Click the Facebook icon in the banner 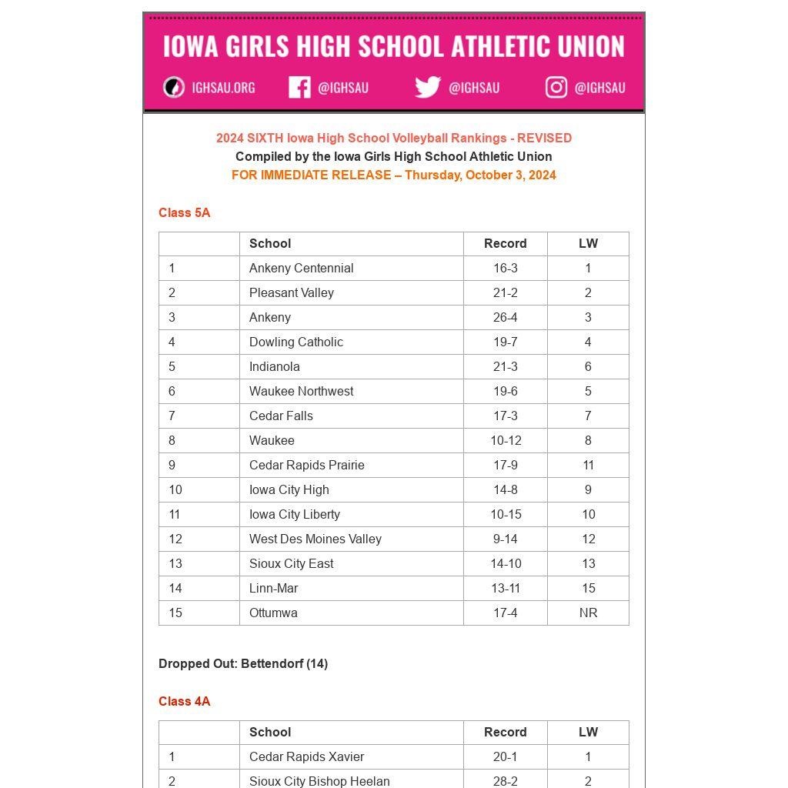click(x=299, y=87)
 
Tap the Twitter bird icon click(x=428, y=87)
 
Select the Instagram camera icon click(x=556, y=87)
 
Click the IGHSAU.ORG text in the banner click(x=223, y=88)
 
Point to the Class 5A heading click(x=185, y=212)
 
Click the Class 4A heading click(x=185, y=701)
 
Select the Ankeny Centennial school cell click(x=302, y=268)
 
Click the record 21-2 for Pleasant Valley click(x=506, y=292)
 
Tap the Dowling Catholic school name click(x=296, y=342)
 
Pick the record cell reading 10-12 click(x=506, y=440)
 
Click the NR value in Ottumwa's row click(x=588, y=613)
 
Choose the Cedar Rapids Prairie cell click(x=307, y=465)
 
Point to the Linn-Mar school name click(x=274, y=588)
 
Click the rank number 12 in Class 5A click(x=175, y=539)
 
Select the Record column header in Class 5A click(x=506, y=243)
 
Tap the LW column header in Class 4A click(x=588, y=732)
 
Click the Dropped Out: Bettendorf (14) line click(x=243, y=663)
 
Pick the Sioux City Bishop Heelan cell click(x=319, y=780)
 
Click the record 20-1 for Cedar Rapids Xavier click(x=506, y=756)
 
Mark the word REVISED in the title click(x=544, y=138)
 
